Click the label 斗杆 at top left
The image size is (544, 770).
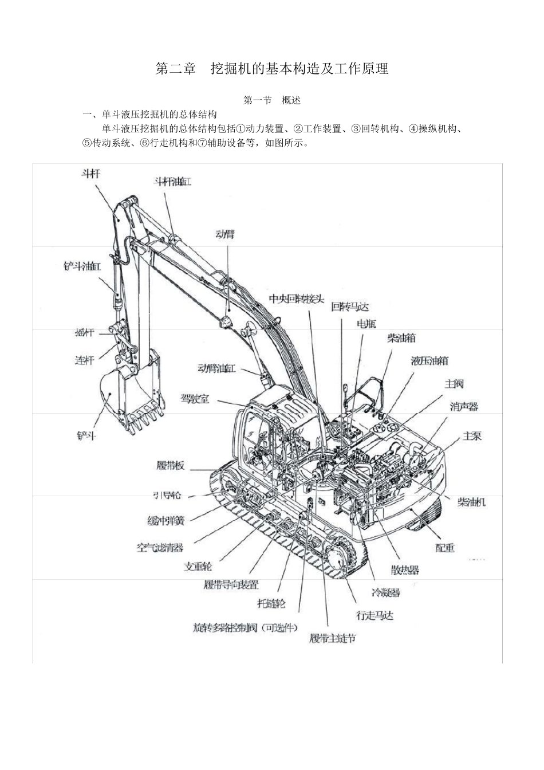89,174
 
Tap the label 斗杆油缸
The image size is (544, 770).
172,182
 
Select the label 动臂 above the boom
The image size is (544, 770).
224,234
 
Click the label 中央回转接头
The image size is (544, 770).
297,299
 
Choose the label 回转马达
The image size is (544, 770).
350,307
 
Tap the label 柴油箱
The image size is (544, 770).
401,339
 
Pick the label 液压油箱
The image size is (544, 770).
429,361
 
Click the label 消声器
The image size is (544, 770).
464,407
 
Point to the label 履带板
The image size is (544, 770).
171,465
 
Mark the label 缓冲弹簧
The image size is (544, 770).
166,521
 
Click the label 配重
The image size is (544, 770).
445,548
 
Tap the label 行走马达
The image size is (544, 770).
375,615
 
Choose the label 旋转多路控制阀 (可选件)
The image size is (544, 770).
246,628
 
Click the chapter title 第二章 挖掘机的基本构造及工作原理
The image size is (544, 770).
272,69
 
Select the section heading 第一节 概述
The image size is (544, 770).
272,100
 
